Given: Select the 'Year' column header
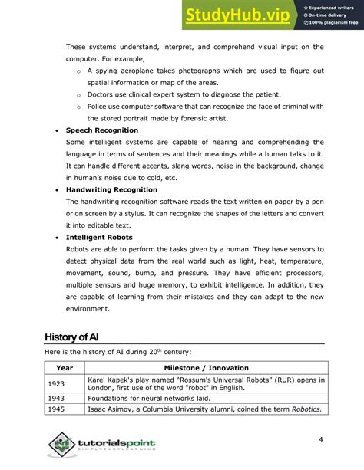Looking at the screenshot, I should (65, 368).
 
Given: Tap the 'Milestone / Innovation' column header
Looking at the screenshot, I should (206, 368).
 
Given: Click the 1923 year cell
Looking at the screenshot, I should (56, 383).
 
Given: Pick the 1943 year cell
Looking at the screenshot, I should (56, 398).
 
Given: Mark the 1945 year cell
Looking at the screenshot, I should (56, 409).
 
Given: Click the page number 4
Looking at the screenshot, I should (320, 439).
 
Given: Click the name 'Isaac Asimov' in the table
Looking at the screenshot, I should (112, 409).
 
